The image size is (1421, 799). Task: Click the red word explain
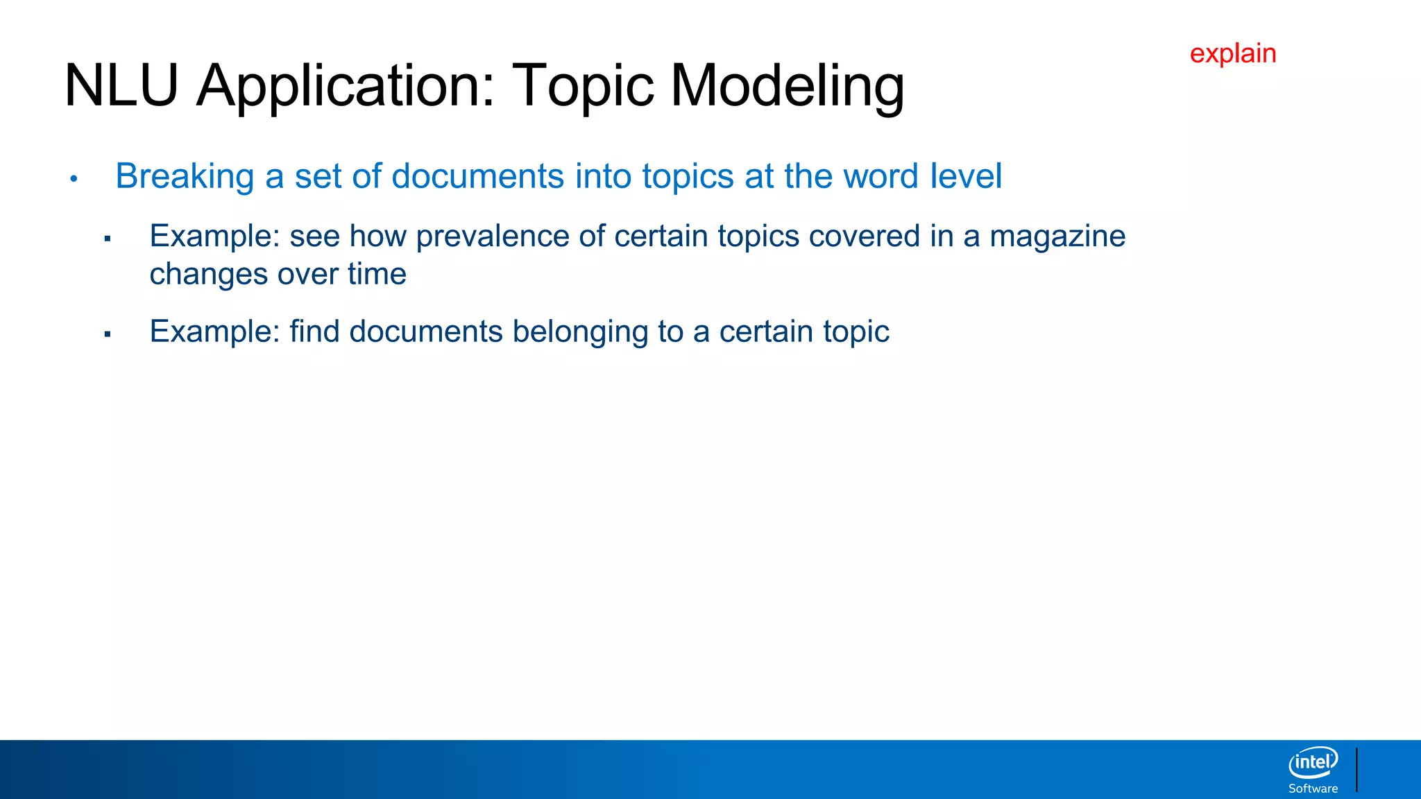[x=1233, y=53]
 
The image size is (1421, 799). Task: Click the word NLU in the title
[x=121, y=86]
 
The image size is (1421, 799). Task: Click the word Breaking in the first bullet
[x=185, y=177]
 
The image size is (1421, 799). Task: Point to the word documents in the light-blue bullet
[x=478, y=176]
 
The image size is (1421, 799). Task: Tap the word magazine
[x=1057, y=237]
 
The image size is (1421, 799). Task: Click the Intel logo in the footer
[x=1313, y=763]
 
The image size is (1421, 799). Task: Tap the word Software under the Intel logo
[x=1313, y=789]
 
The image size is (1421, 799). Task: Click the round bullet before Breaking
[x=74, y=179]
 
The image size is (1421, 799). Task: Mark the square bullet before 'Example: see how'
[x=108, y=239]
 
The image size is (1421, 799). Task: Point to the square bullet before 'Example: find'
[x=108, y=334]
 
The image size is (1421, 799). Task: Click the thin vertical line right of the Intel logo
[x=1356, y=769]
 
